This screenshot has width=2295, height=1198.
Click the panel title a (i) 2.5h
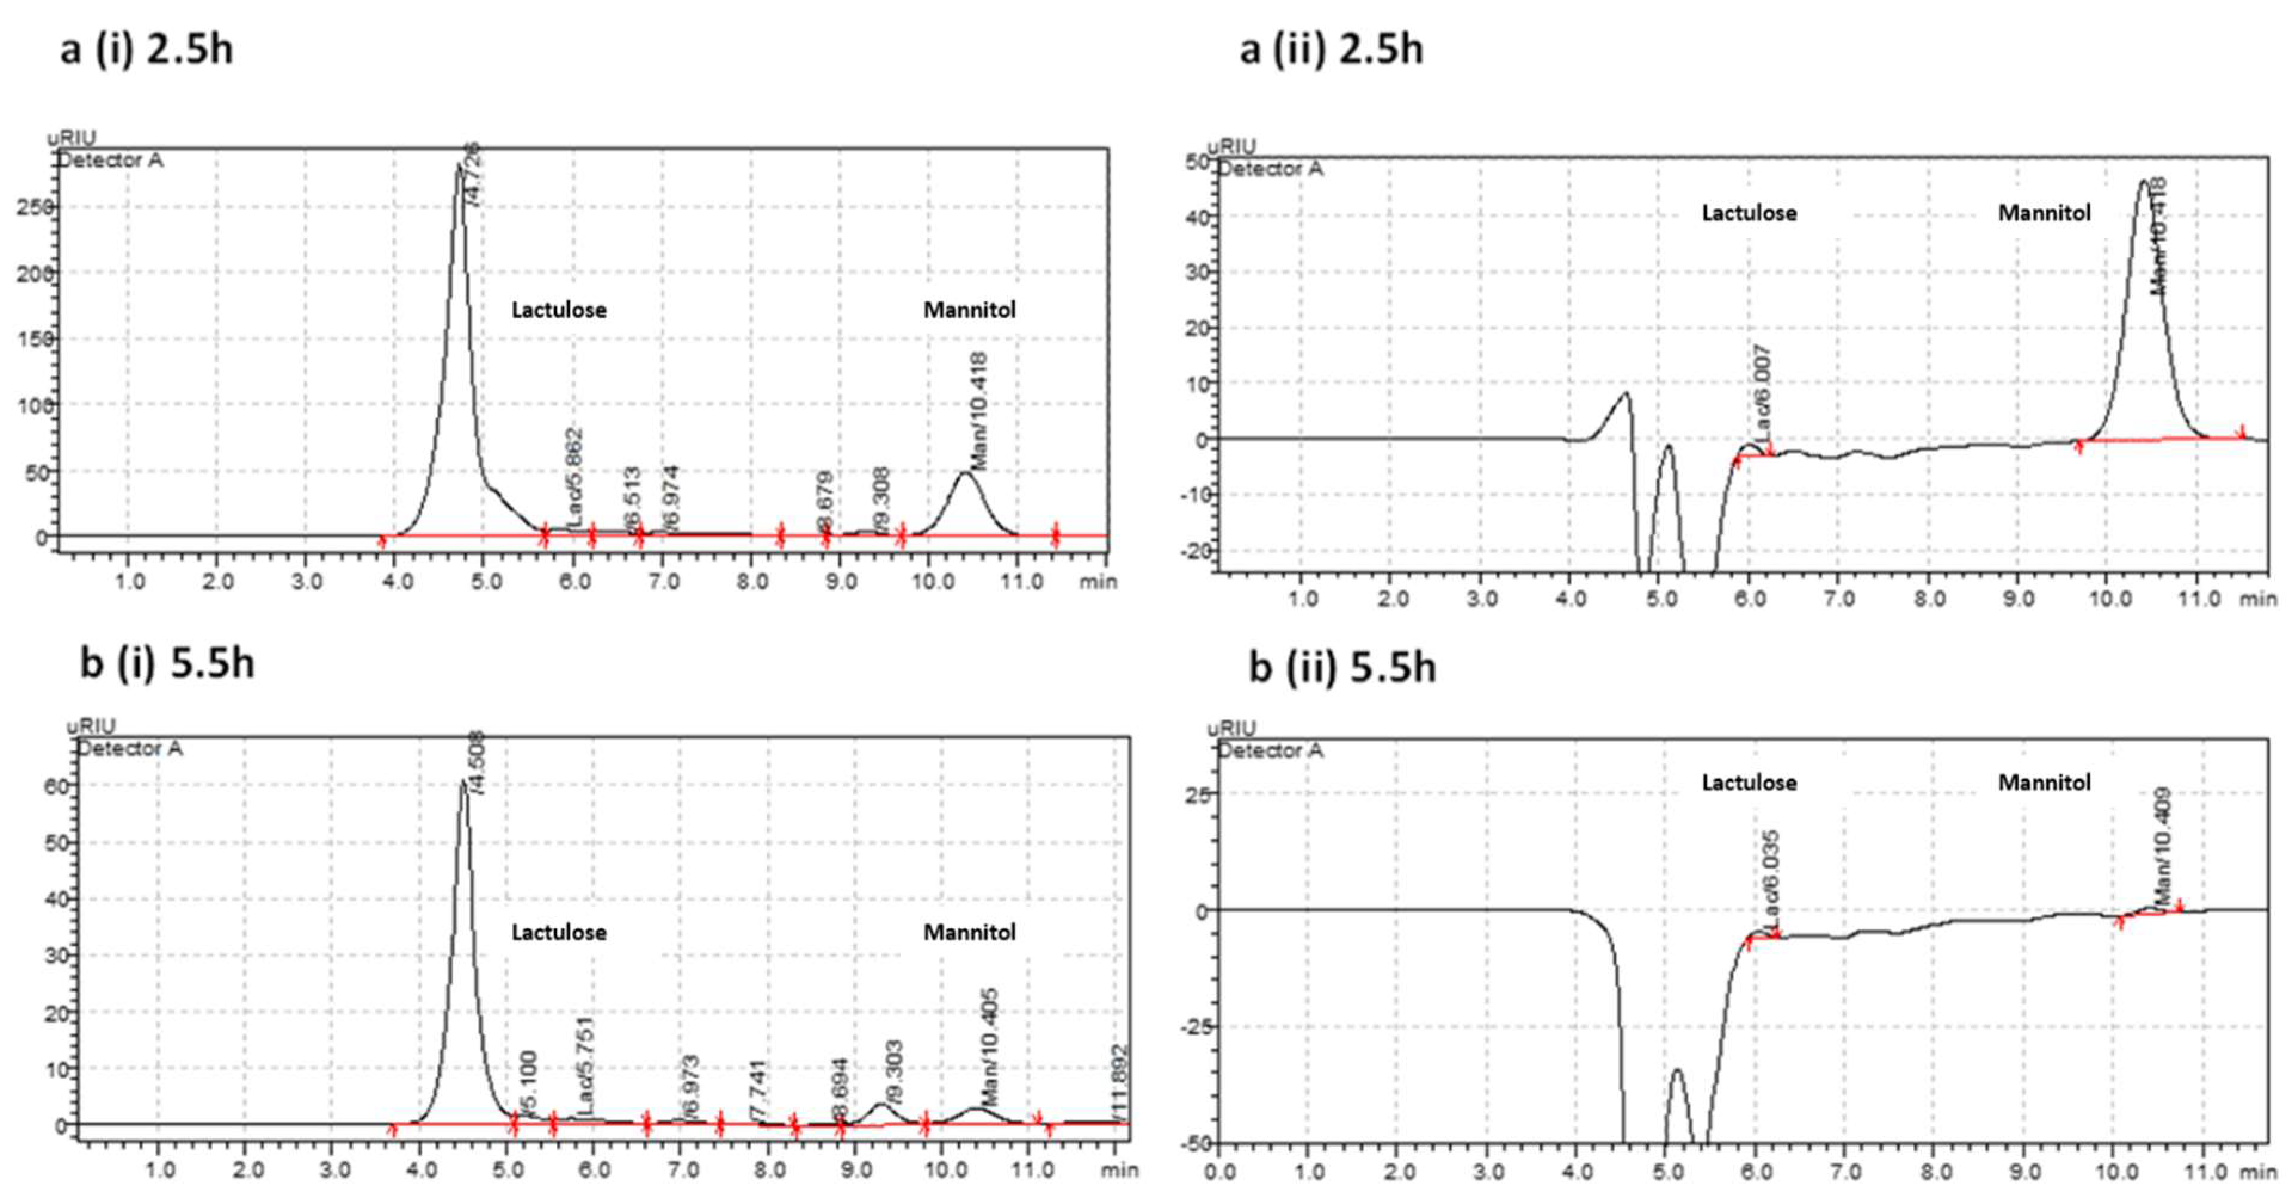[147, 48]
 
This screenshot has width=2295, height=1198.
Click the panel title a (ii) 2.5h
[1331, 48]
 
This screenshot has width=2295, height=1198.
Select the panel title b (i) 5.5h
[167, 664]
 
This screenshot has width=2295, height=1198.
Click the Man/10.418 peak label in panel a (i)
[978, 411]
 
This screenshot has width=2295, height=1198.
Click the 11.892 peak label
[1119, 1083]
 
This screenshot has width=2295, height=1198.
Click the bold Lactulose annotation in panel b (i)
[558, 932]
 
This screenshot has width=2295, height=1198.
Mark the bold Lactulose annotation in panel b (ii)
[1749, 783]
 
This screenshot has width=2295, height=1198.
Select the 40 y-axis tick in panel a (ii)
[1196, 217]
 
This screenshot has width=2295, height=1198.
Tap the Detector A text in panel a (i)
[110, 161]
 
